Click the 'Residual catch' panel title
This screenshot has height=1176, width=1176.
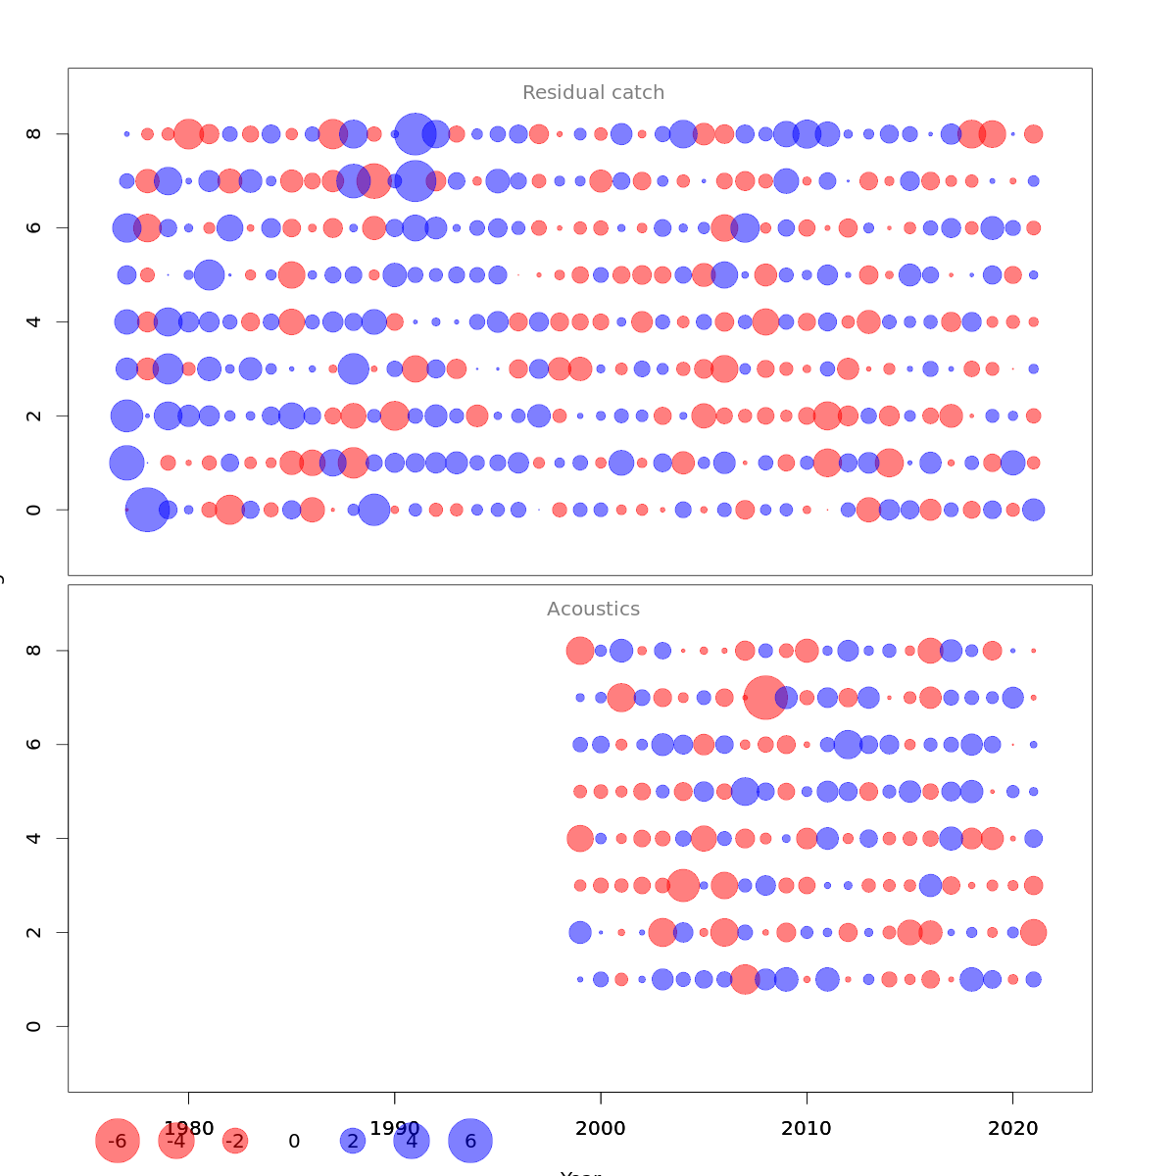pos(593,93)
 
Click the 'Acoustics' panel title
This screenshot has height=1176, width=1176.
pos(593,610)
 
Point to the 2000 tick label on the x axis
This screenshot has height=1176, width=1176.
pos(601,1129)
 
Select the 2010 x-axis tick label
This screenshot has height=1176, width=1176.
pos(807,1129)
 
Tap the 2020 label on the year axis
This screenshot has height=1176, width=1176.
pos(1012,1129)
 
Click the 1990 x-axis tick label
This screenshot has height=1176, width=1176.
pos(395,1129)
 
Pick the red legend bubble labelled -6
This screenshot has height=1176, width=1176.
pos(118,1141)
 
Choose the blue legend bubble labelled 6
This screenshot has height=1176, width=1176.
pos(470,1141)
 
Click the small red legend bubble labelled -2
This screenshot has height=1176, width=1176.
pos(235,1141)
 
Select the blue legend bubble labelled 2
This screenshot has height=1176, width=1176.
pos(353,1141)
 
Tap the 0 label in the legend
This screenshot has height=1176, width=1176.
pos(294,1142)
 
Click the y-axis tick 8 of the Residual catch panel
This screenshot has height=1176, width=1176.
pos(34,133)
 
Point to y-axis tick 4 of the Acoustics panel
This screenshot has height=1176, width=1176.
pos(34,838)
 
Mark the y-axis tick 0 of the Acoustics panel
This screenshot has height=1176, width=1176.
pos(34,1026)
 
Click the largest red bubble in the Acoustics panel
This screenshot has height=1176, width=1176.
pos(765,698)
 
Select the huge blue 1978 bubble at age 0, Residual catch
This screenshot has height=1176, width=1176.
pos(147,510)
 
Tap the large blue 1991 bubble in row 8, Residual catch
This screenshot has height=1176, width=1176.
pos(415,133)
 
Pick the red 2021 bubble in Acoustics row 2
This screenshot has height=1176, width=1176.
pos(1033,932)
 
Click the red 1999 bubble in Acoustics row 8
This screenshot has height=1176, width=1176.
pos(580,651)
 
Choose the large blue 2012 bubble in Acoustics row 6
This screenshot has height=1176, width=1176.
pos(848,745)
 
